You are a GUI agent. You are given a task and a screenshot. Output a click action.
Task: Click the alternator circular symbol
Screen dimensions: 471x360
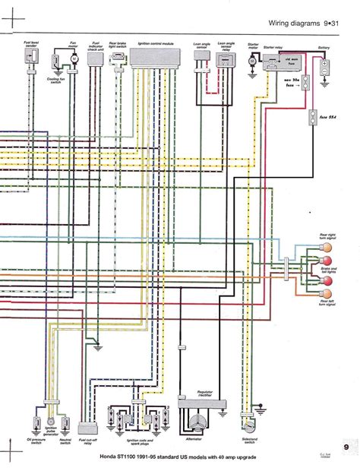(200, 425)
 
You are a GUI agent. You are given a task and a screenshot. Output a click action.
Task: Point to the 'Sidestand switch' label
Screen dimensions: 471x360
(248, 441)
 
